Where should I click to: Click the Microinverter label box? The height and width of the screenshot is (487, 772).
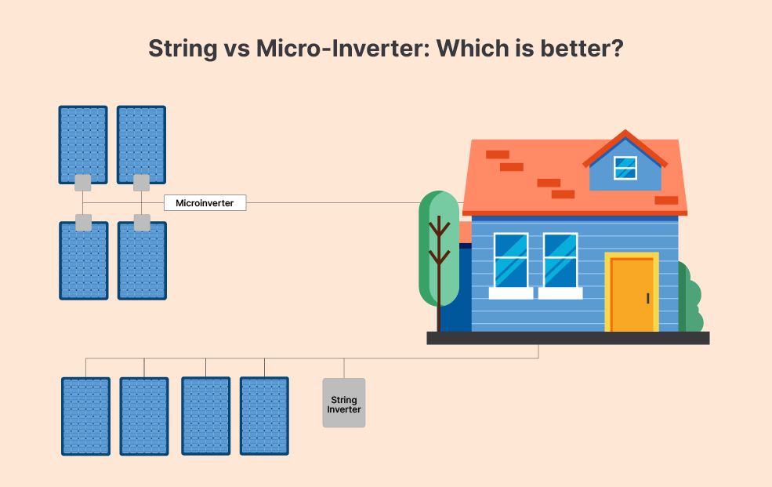[x=205, y=203]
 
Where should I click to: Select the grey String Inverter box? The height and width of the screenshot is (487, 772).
[x=343, y=403]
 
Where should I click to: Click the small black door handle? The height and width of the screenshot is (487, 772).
[x=648, y=299]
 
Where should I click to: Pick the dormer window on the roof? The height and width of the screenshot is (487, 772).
[x=625, y=168]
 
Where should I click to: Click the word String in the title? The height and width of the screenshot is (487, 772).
[x=183, y=49]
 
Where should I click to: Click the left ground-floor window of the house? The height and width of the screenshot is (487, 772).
[x=511, y=260]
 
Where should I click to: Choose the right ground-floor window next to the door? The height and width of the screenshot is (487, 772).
[x=560, y=260]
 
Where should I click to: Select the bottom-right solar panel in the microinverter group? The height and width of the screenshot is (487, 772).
[x=143, y=261]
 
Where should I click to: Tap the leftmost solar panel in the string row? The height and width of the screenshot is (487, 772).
[x=85, y=416]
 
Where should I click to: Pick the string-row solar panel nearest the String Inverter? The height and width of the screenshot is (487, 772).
[x=264, y=416]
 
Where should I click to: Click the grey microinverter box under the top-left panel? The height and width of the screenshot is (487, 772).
[x=83, y=183]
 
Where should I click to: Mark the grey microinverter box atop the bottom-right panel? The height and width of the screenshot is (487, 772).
[x=143, y=223]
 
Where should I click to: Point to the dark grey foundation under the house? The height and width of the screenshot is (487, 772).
[x=568, y=338]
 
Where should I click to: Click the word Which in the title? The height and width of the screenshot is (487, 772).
[x=473, y=49]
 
